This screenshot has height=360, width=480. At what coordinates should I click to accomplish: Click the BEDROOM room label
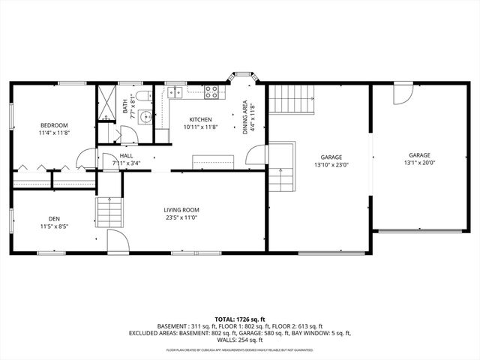(54, 124)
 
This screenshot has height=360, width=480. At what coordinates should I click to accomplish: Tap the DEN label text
(54, 218)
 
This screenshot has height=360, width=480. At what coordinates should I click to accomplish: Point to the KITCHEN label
(200, 119)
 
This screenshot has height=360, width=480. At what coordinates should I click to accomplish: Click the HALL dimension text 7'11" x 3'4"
(126, 163)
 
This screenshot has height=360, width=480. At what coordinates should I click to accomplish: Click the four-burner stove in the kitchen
(212, 93)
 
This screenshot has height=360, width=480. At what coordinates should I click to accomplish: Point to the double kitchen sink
(175, 93)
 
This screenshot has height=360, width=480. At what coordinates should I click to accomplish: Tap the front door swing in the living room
(117, 241)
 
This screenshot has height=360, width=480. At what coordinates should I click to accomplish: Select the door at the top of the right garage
(401, 94)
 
